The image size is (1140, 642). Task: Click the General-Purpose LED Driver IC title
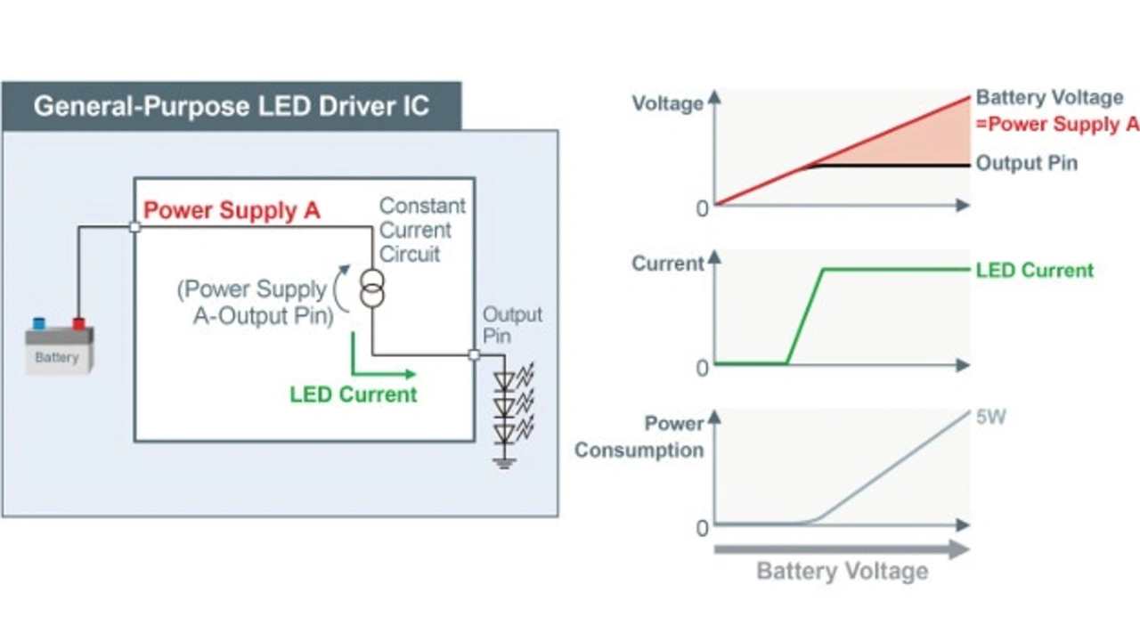(231, 107)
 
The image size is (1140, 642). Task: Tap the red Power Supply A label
(232, 211)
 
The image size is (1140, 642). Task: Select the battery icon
(58, 349)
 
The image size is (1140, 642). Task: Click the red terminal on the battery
(78, 323)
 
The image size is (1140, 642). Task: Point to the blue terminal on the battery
(39, 323)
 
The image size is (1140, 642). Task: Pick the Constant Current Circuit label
(422, 230)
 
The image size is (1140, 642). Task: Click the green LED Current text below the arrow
(353, 394)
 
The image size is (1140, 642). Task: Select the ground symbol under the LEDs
(505, 462)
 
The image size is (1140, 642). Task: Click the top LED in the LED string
(505, 380)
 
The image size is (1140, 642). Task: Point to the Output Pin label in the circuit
(512, 326)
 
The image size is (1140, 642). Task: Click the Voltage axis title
(667, 103)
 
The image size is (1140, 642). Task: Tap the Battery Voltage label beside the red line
(1049, 98)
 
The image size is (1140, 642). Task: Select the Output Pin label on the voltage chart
(1026, 164)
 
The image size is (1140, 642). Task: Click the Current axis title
(667, 264)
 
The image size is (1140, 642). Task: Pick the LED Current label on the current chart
(1034, 270)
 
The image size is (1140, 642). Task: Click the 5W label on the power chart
(990, 416)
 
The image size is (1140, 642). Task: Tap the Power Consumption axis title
(639, 436)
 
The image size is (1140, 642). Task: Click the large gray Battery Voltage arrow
(842, 549)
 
